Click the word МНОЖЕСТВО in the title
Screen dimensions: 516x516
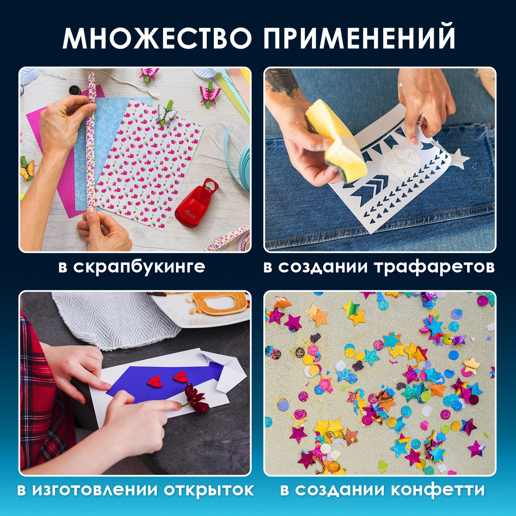pyautogui.click(x=157, y=38)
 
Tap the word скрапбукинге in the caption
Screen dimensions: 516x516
pyautogui.click(x=139, y=267)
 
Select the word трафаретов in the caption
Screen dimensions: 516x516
pyautogui.click(x=434, y=267)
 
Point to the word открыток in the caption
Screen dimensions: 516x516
pyautogui.click(x=208, y=490)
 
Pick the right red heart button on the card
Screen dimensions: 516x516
pyautogui.click(x=180, y=377)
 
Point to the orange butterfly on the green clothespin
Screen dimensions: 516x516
pyautogui.click(x=28, y=170)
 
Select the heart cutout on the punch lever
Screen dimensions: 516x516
pyautogui.click(x=212, y=186)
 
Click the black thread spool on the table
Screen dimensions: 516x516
pyautogui.click(x=74, y=90)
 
